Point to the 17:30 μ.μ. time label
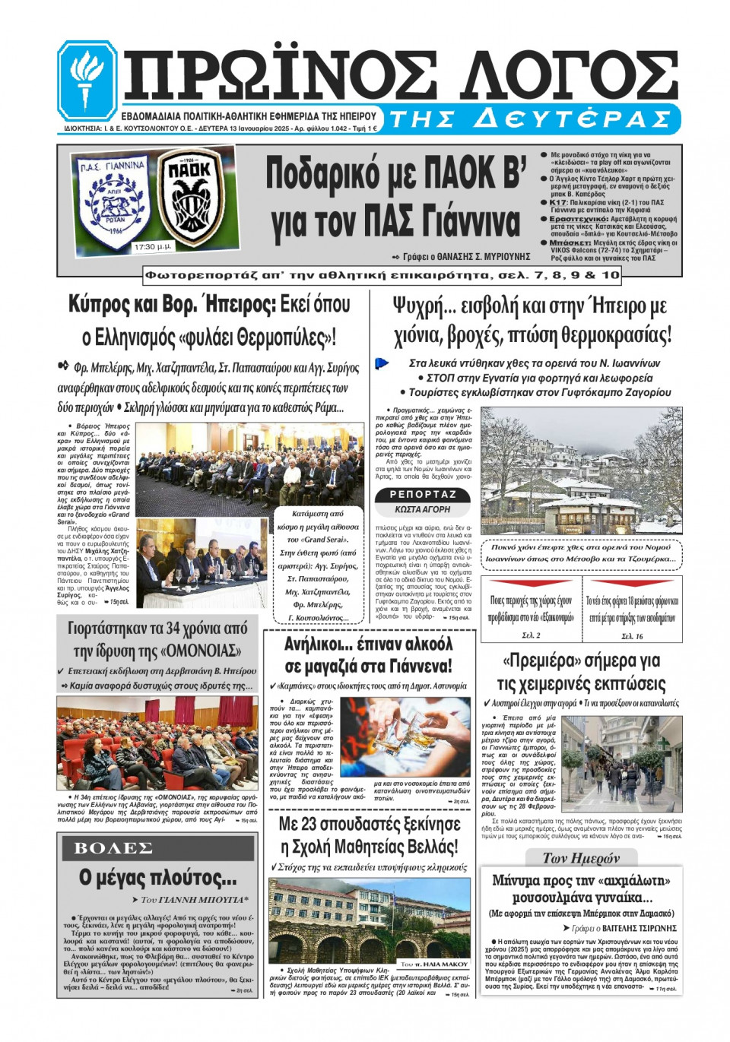coord(152,247)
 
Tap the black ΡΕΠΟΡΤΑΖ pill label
coord(423,494)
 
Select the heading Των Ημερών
coord(581,857)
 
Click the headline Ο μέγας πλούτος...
coord(157,878)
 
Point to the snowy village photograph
coord(582,470)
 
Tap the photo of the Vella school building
coord(369,920)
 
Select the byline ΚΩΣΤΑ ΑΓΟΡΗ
coord(423,509)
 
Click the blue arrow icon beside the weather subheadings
coord(382,364)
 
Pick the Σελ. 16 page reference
coord(632,635)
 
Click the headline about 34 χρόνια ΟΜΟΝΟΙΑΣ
coord(157,639)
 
